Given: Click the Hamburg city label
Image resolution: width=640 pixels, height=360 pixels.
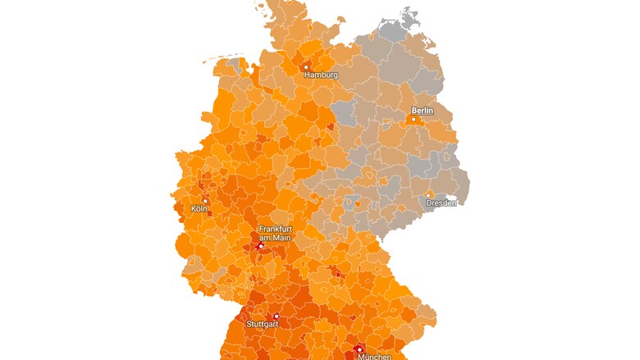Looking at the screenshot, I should click(x=321, y=75).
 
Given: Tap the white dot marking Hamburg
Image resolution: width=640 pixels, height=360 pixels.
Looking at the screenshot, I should click(x=306, y=67).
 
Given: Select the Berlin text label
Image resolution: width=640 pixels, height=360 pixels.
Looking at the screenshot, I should click(x=422, y=110).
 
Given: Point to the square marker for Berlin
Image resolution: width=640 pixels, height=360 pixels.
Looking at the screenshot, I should click(x=414, y=119).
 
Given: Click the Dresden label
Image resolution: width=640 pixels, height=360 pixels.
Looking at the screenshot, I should click(x=441, y=203).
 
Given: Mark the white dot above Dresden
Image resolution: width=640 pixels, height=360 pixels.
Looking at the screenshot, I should click(x=428, y=194).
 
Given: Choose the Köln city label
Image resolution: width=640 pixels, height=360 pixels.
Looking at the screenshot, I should click(x=199, y=208).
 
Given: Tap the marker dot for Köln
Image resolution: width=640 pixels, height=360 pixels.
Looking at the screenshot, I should click(x=205, y=200).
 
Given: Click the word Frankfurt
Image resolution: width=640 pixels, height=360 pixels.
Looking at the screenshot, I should click(x=276, y=229).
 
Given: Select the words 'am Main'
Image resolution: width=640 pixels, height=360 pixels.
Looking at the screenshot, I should click(x=276, y=238).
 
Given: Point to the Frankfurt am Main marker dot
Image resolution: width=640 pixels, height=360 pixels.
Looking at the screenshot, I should click(x=261, y=246).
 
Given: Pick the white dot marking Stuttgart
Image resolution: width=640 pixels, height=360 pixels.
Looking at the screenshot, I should click(x=277, y=316).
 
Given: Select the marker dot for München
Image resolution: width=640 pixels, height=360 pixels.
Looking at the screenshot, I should click(x=359, y=349).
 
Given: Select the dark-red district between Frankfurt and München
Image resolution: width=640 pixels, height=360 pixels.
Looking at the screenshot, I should click(x=335, y=273).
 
